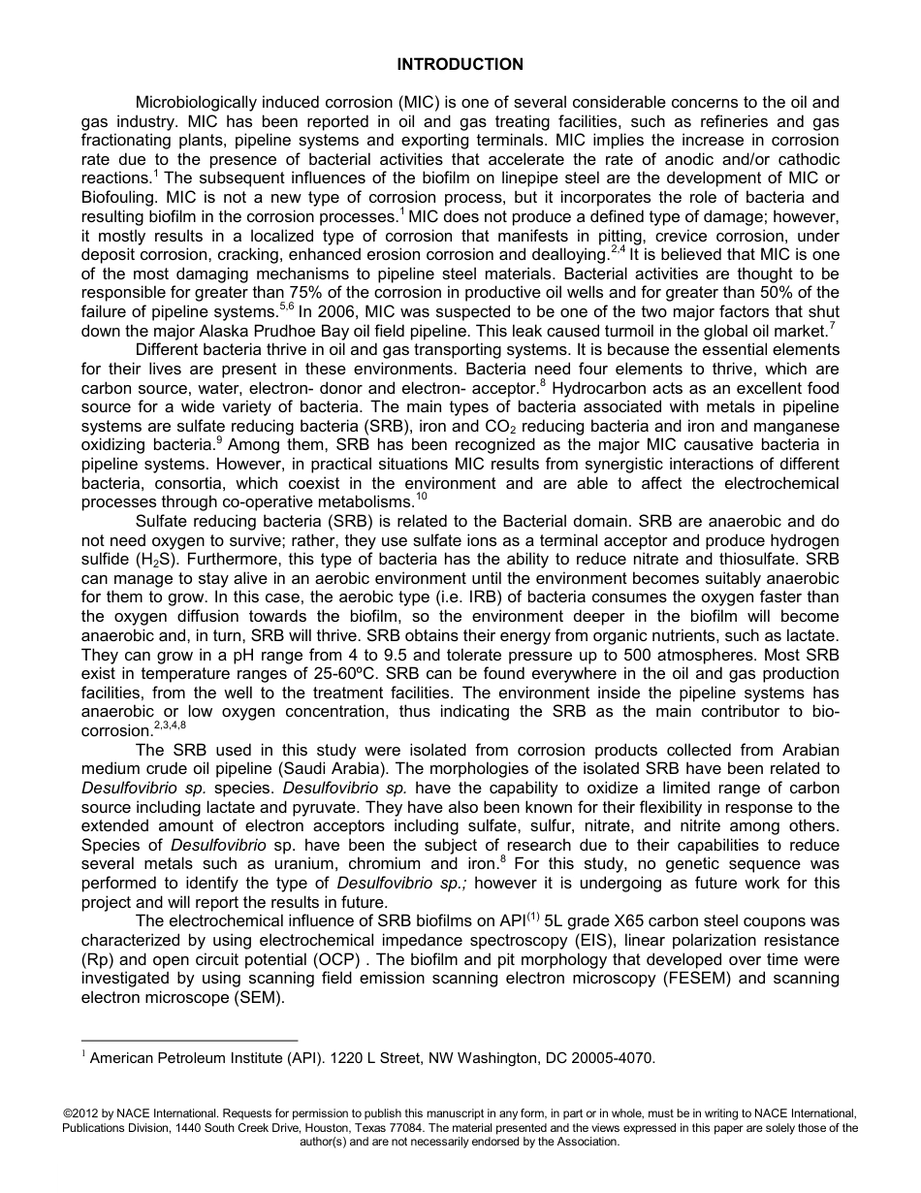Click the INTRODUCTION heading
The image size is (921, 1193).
460,65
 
